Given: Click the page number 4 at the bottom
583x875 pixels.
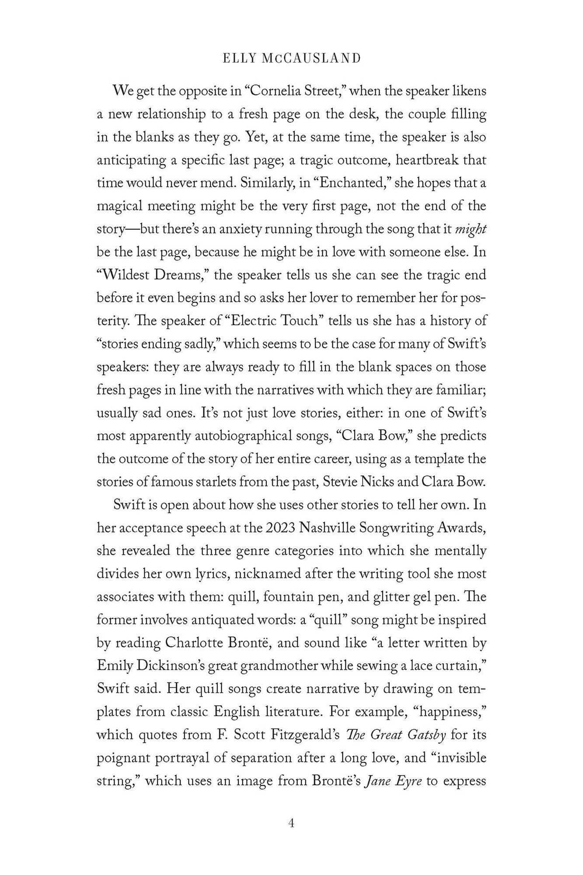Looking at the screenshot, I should click(291, 823).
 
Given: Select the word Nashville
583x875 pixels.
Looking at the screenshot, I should click(328, 528).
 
